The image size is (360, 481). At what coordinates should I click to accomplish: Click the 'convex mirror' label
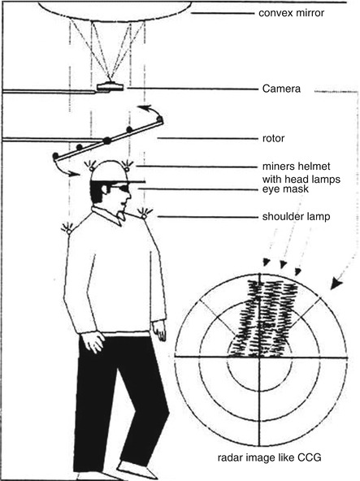[291, 13]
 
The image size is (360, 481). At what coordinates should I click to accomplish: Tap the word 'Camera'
[281, 89]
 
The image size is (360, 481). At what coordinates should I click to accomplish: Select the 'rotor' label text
[273, 139]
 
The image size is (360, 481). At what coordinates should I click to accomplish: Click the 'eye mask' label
[285, 189]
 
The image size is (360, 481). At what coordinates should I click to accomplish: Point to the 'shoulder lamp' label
[296, 217]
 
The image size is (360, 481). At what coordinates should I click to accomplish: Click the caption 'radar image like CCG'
[269, 457]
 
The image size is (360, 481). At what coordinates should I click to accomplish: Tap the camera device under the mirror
[110, 86]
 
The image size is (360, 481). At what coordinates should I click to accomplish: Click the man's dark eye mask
[122, 188]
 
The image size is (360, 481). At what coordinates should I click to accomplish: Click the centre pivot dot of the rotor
[106, 141]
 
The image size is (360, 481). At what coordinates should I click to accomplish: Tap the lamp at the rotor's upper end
[159, 119]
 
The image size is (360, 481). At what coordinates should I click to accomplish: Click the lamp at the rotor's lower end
[55, 156]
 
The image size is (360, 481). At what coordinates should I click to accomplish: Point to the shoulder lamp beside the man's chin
[145, 214]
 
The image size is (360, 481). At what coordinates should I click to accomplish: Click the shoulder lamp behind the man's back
[67, 228]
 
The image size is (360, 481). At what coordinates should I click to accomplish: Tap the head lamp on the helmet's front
[127, 166]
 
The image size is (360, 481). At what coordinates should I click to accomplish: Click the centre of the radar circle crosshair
[260, 357]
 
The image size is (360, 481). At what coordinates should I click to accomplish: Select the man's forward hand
[159, 331]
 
